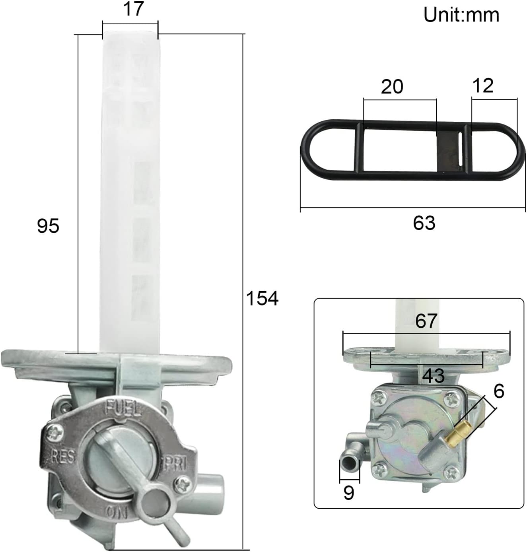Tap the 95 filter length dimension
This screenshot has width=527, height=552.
(x=48, y=226)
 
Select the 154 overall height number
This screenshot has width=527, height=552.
(x=262, y=298)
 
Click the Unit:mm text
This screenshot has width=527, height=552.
(x=461, y=15)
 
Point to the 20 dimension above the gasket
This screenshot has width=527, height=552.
(x=392, y=87)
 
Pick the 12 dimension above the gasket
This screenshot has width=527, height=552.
(x=483, y=86)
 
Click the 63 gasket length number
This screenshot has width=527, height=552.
(x=424, y=223)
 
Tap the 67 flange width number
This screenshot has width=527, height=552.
(x=426, y=321)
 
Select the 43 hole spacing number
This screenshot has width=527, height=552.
(x=433, y=375)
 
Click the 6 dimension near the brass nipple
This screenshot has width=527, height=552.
(x=498, y=391)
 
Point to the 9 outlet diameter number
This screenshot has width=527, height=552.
(x=348, y=493)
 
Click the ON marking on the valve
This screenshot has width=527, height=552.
(x=117, y=511)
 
